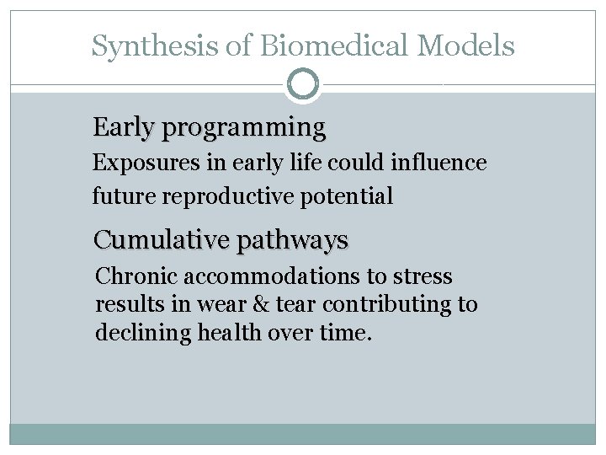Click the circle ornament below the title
pyautogui.click(x=303, y=84)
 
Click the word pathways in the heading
pyautogui.click(x=292, y=241)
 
